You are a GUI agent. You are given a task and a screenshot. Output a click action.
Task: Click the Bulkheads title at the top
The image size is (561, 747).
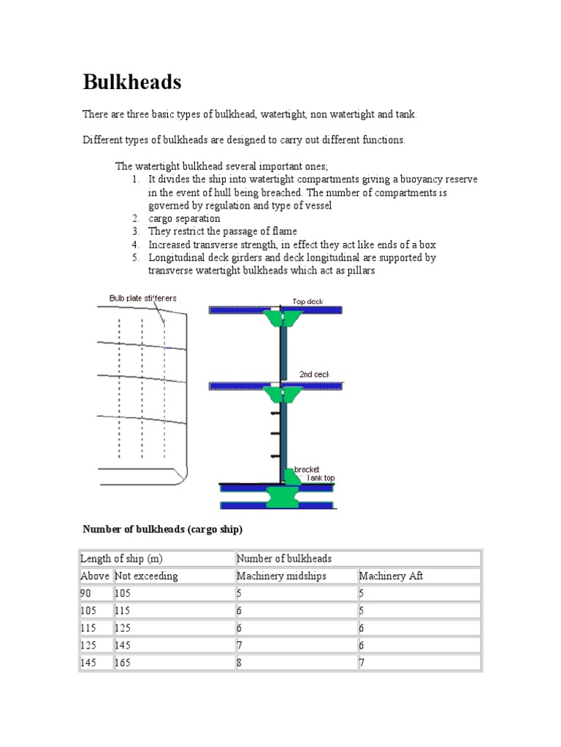[132, 82]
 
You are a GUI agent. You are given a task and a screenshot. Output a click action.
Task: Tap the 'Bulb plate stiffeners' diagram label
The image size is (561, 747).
[142, 298]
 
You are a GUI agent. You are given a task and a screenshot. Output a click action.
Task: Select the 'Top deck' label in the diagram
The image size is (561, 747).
[308, 301]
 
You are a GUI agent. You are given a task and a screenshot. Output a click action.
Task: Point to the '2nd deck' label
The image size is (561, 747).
[314, 374]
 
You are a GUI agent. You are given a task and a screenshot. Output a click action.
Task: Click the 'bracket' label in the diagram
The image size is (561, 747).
[306, 469]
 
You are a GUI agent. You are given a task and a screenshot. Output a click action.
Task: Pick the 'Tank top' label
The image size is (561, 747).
[319, 478]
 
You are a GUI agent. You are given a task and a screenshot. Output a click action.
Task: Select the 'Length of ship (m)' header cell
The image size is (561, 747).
[121, 559]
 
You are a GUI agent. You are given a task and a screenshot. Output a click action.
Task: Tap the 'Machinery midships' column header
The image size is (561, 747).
[281, 576]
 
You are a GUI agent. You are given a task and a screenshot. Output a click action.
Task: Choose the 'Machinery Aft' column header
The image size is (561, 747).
[391, 576]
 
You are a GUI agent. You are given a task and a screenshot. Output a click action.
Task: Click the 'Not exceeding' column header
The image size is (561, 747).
[146, 576]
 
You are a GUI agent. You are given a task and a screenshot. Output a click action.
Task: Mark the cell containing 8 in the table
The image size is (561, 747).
[240, 663]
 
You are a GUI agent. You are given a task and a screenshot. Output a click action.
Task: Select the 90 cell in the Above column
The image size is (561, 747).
[87, 594]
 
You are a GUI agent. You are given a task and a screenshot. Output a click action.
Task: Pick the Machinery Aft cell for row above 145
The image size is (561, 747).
[362, 663]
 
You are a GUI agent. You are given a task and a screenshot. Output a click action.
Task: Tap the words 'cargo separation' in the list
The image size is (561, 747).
[184, 219]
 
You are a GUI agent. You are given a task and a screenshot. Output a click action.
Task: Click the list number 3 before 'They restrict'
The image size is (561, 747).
[136, 232]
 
